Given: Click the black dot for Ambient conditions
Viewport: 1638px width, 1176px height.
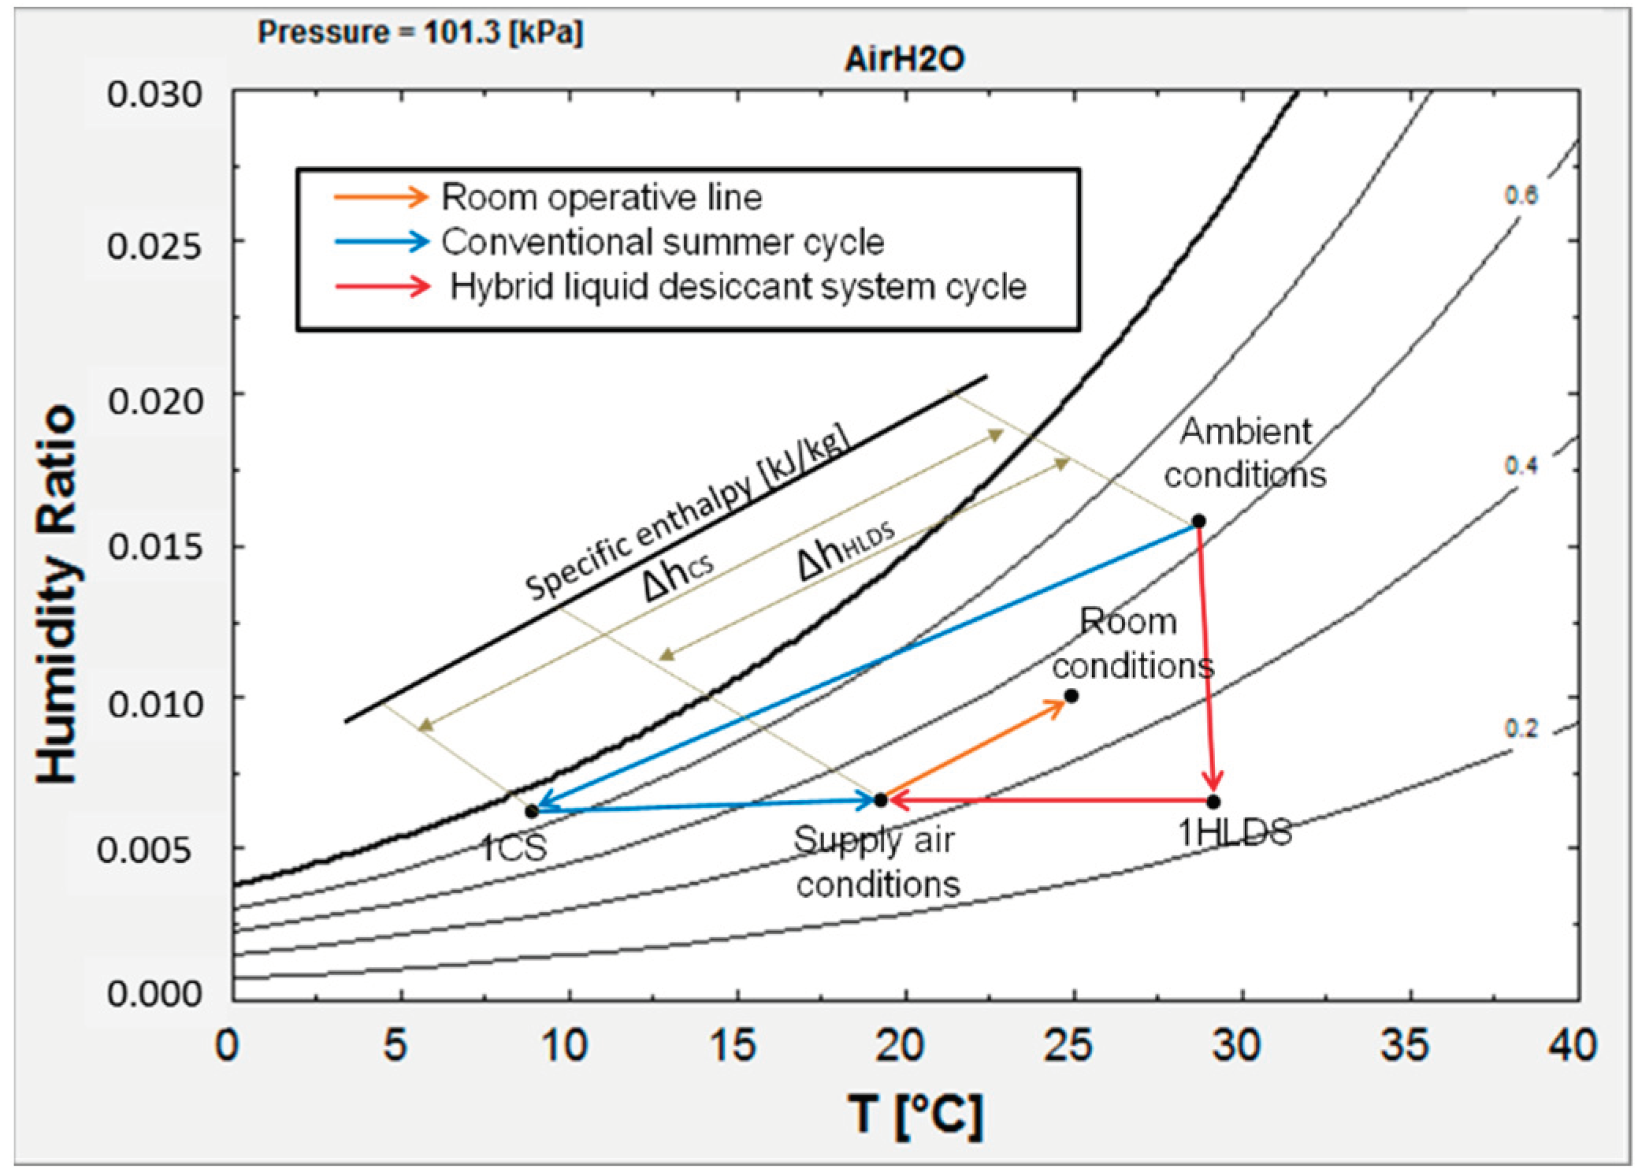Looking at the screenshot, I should click(1198, 521).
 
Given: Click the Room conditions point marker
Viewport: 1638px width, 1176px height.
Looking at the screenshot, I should click(1071, 696).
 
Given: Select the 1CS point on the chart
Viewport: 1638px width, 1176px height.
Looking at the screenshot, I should click(532, 810).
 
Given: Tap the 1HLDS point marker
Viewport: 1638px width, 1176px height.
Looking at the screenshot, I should click(1213, 802).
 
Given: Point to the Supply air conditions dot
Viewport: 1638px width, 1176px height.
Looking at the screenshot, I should click(880, 800).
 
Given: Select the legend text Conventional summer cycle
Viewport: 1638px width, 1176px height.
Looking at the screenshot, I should click(662, 242).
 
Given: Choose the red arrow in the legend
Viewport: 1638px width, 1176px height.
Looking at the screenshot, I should click(382, 286).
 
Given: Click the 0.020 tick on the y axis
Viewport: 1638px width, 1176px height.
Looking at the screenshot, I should click(155, 401).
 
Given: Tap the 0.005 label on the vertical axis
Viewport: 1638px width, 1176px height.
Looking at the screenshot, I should click(143, 850).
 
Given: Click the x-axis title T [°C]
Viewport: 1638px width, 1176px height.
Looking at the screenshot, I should click(916, 1115).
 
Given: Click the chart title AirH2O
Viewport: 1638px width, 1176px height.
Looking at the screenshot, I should click(904, 59).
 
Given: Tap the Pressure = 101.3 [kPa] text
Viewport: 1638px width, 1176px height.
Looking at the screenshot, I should click(420, 32).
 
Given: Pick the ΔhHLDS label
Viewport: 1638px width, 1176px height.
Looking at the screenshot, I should click(845, 549).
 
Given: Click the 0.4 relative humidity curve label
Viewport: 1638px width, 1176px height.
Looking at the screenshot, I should click(1520, 466).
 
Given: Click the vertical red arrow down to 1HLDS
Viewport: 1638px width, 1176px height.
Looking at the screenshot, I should click(1206, 662).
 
